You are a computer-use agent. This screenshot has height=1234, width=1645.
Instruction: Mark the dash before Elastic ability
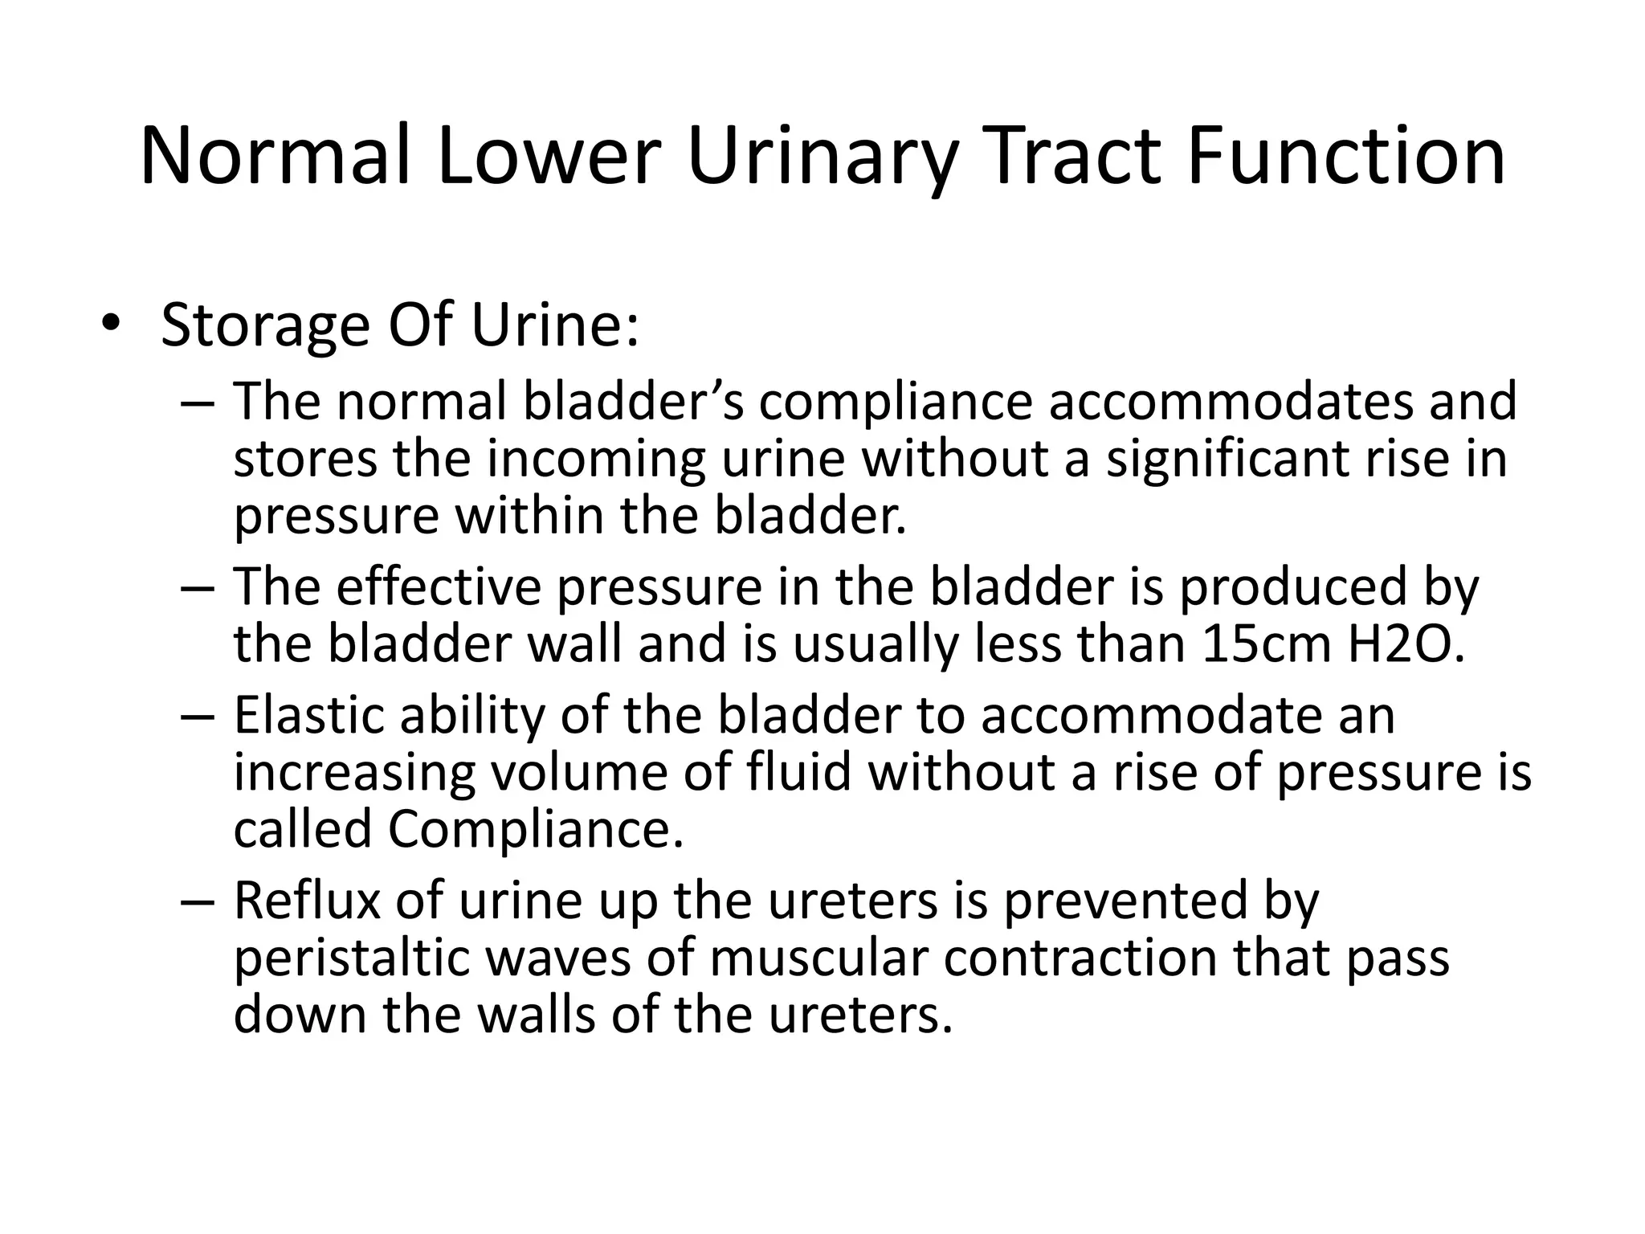tap(197, 717)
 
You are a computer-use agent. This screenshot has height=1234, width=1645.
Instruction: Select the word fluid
tap(798, 772)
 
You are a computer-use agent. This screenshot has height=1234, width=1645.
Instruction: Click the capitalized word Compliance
tap(536, 829)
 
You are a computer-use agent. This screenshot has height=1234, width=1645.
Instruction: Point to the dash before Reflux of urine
tap(197, 902)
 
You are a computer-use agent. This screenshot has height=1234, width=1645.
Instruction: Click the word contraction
tap(1080, 958)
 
